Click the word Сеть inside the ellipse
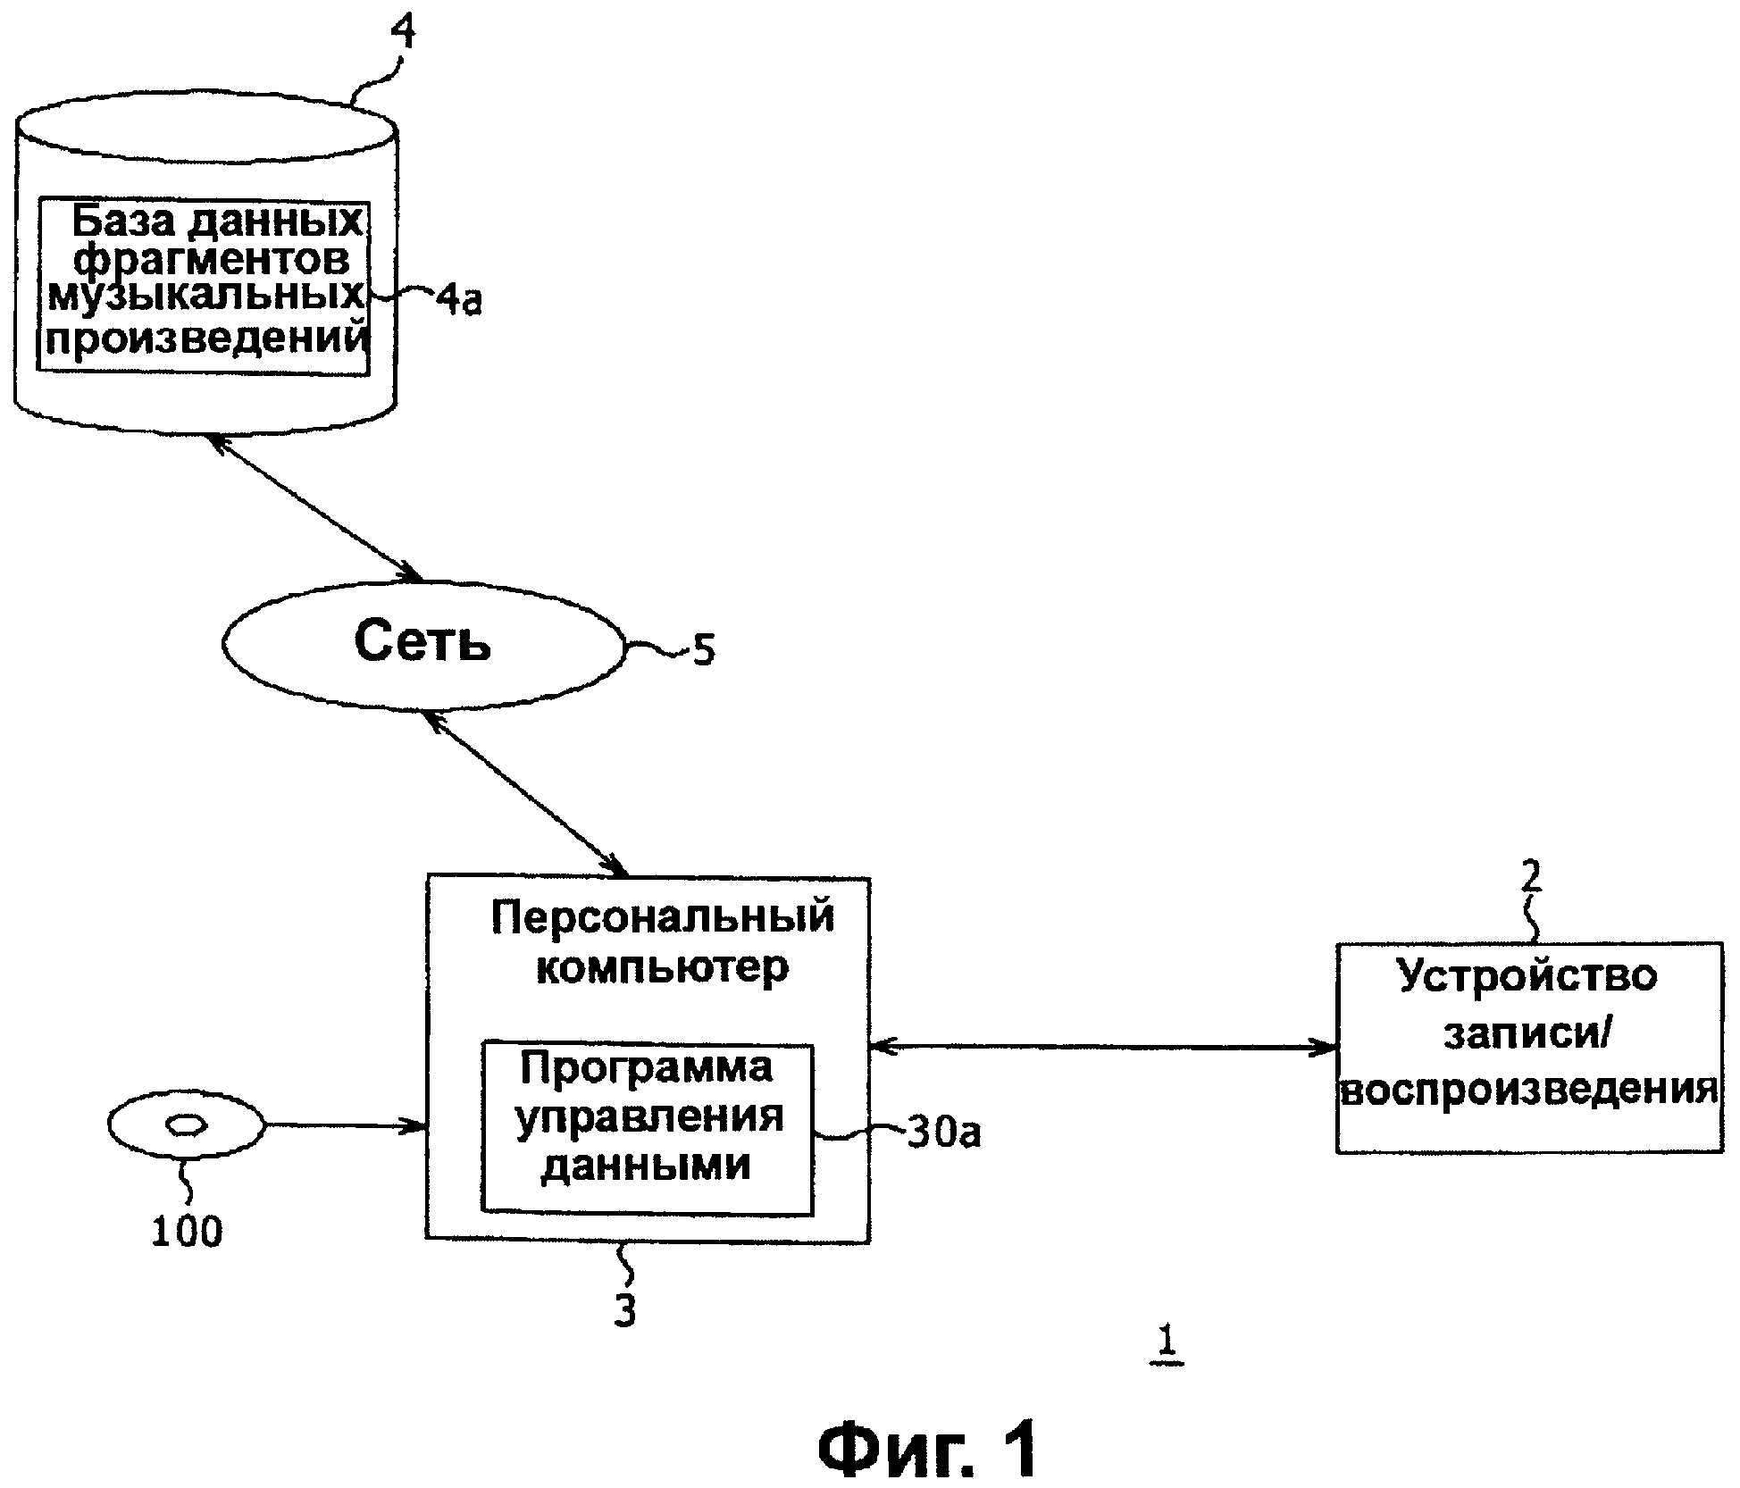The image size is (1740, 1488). tap(422, 641)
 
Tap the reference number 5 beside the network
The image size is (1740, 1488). tap(704, 650)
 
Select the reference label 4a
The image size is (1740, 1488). tap(459, 299)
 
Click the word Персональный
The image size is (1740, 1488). tap(663, 916)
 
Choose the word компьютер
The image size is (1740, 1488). tap(663, 966)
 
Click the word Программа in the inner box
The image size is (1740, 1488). tap(647, 1067)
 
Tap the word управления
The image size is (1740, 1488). tap(649, 1116)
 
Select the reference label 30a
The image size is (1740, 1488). tap(943, 1133)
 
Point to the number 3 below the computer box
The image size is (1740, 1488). tap(625, 1310)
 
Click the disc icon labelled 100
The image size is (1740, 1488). tap(186, 1125)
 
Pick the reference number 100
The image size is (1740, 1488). tap(186, 1232)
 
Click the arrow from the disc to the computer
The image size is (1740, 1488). tap(345, 1125)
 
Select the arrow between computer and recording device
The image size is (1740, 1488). tap(1102, 1047)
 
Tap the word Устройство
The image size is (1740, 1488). tap(1527, 975)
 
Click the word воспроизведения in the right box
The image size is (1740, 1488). tap(1529, 1090)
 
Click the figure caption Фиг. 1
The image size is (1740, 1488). tap(929, 1449)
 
